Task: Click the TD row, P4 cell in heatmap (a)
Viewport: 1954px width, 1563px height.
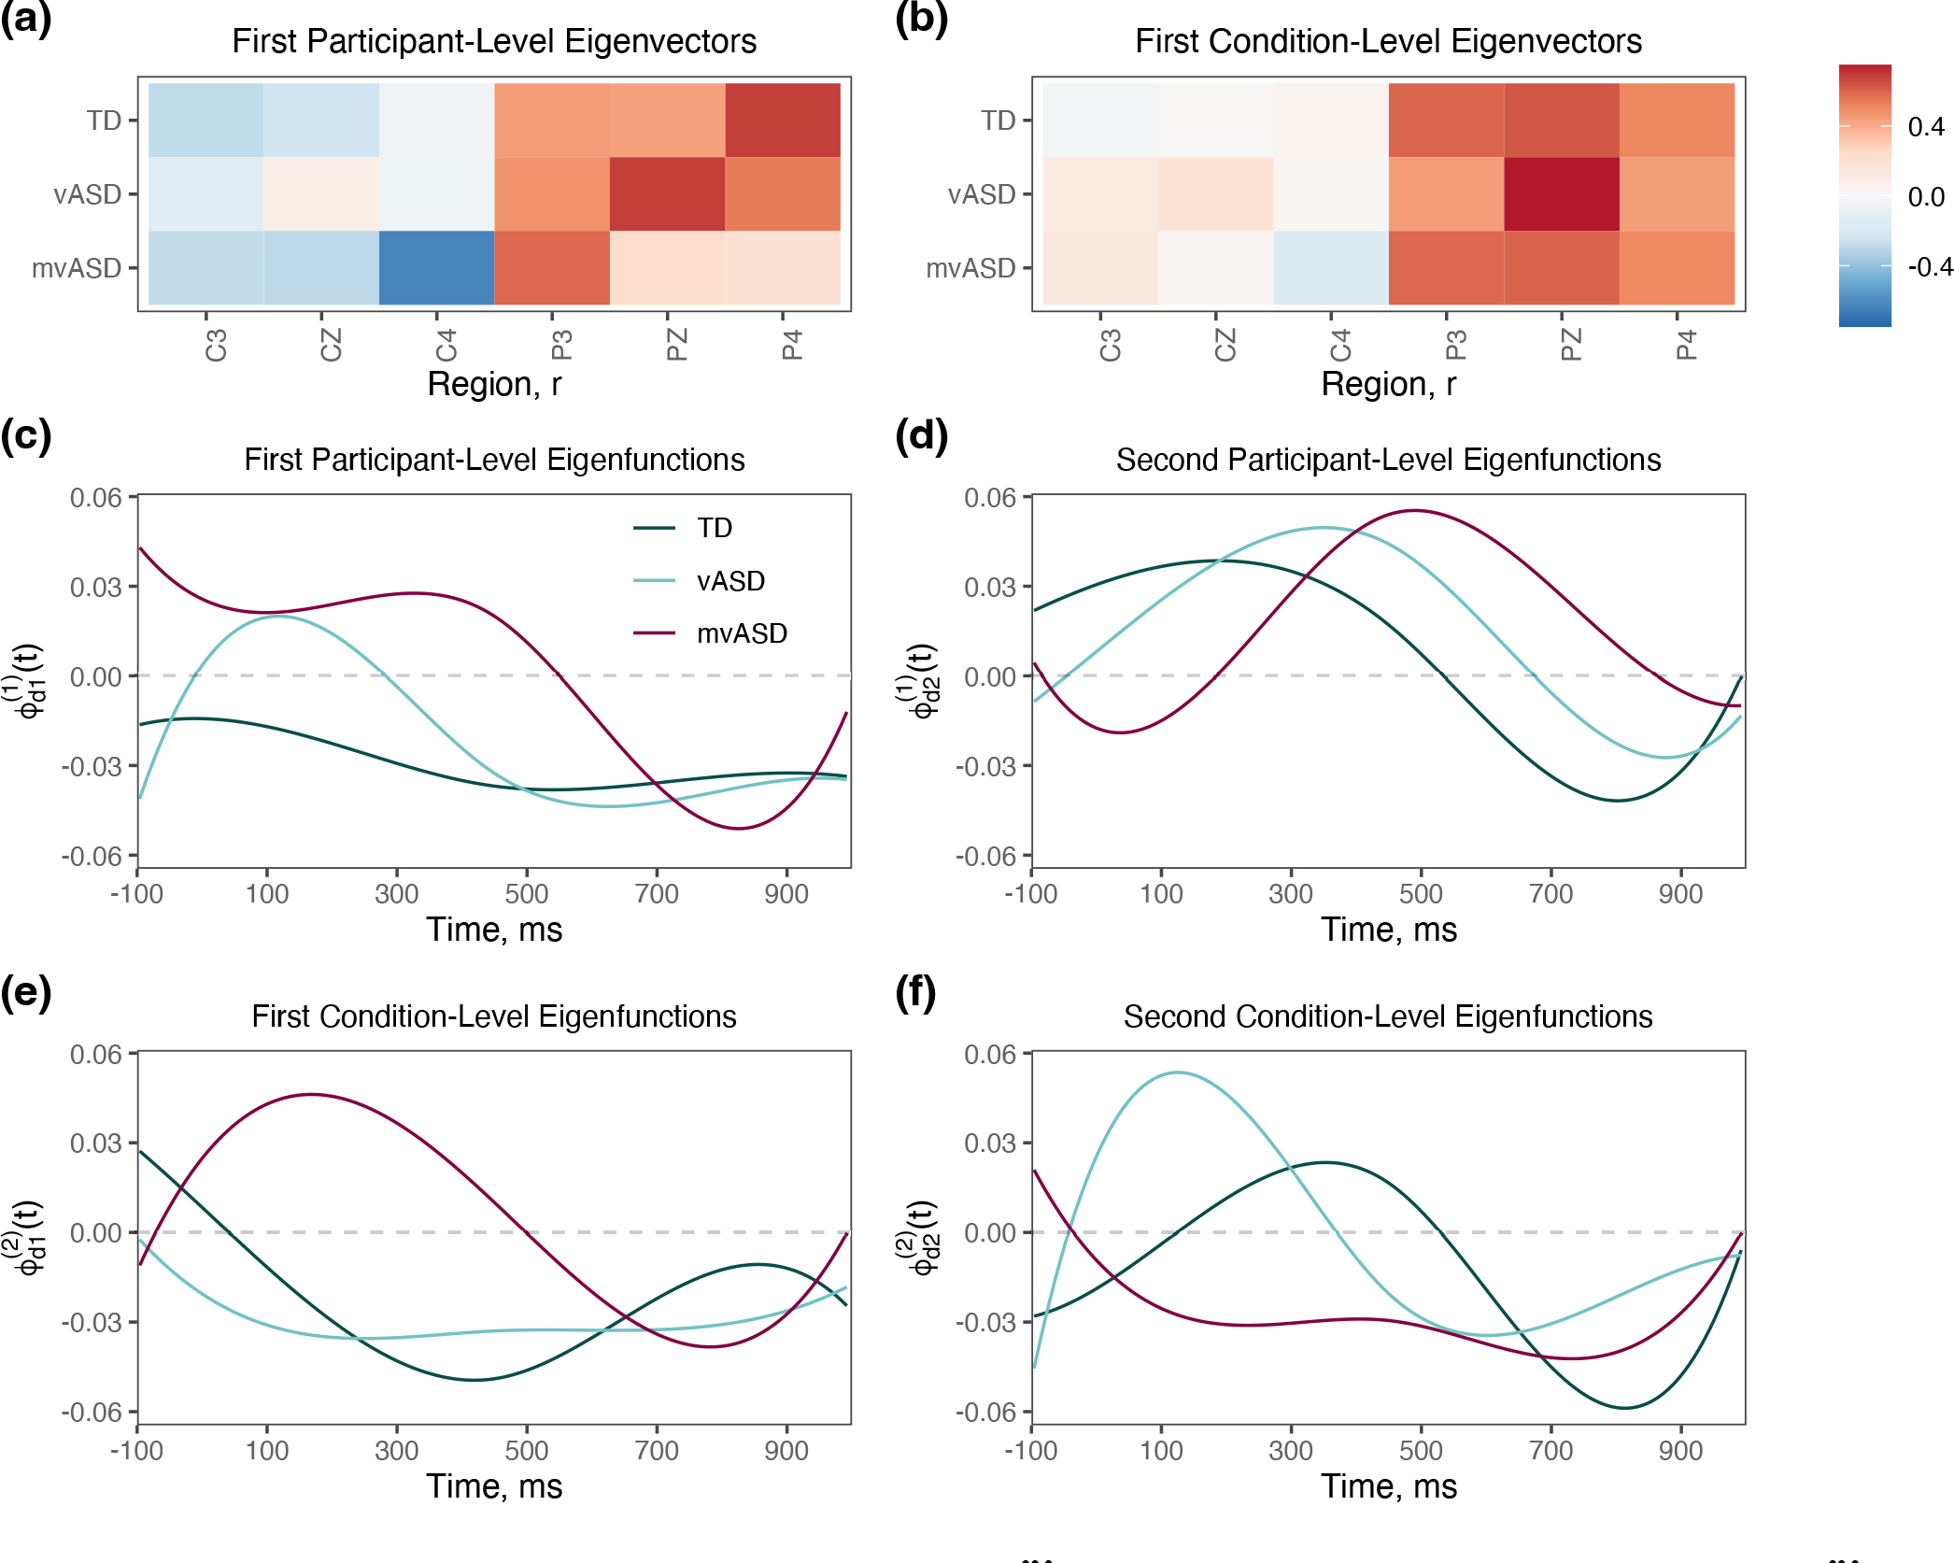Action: (x=783, y=120)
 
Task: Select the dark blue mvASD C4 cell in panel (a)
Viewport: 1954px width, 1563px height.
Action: (x=436, y=268)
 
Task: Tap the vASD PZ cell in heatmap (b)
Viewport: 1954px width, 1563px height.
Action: (x=1561, y=194)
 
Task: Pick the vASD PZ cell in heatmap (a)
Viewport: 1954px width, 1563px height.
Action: (x=667, y=194)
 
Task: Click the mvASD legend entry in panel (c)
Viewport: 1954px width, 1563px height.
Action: (x=742, y=633)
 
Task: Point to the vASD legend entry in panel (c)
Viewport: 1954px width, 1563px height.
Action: (x=730, y=581)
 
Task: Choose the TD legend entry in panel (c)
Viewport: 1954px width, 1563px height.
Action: (x=715, y=528)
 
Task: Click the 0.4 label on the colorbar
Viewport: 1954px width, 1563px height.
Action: (x=1926, y=126)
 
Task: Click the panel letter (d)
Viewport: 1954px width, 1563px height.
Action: (x=921, y=435)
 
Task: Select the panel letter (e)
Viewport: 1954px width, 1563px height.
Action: (x=26, y=991)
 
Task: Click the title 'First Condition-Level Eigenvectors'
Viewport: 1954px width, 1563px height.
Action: (x=1388, y=41)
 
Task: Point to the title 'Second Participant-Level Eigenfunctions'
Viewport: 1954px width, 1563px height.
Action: (x=1388, y=460)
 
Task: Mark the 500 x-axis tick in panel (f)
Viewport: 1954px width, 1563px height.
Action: (x=1421, y=1450)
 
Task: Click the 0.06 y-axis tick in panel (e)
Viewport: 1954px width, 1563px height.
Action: (x=96, y=1054)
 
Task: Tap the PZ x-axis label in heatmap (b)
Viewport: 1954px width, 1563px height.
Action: (x=1571, y=345)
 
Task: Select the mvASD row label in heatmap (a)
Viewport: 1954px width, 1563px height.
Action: (x=77, y=268)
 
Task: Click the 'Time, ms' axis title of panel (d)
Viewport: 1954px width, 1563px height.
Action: (x=1388, y=930)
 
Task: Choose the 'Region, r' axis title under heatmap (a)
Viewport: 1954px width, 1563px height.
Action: (x=494, y=384)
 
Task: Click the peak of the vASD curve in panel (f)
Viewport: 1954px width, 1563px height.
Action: (x=1178, y=1073)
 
